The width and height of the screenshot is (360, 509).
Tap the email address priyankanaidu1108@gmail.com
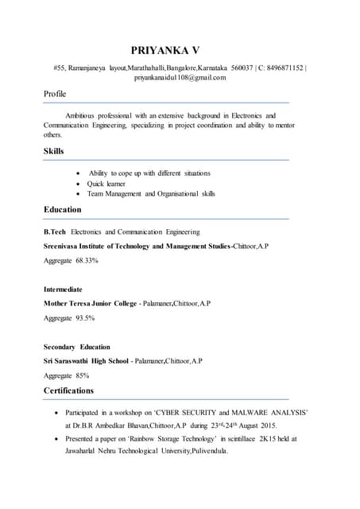click(x=180, y=77)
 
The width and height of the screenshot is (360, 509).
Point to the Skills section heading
click(x=54, y=151)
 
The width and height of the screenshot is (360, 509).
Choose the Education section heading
click(x=62, y=210)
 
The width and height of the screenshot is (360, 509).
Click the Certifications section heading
click(x=68, y=390)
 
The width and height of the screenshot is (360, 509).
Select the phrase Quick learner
click(x=106, y=184)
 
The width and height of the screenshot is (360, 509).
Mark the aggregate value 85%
click(x=83, y=375)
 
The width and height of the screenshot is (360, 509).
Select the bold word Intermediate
click(x=63, y=289)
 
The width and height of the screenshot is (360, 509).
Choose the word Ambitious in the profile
click(x=82, y=116)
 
